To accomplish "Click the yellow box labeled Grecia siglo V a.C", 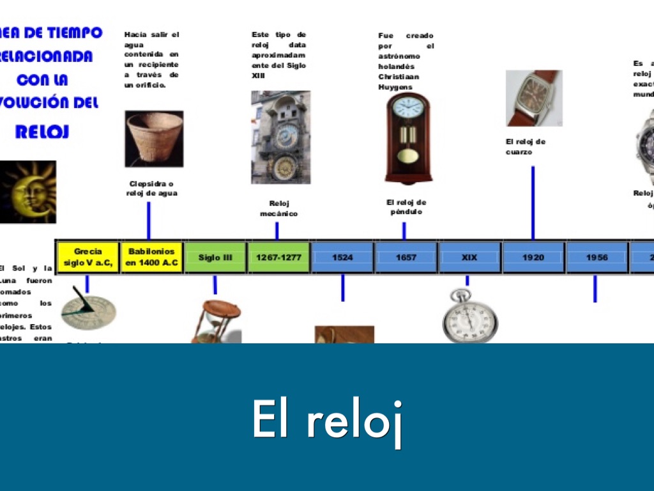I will click(88, 257).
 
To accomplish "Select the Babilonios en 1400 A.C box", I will click(152, 257).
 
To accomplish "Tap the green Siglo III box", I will click(215, 257).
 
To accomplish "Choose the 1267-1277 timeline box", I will click(279, 257).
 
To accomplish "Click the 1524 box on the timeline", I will click(342, 257).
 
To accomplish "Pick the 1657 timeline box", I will click(406, 257).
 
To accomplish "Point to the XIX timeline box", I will click(469, 257).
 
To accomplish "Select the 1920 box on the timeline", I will click(533, 257).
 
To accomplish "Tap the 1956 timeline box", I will click(597, 257).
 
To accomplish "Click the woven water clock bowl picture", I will click(154, 139).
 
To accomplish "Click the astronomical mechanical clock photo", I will click(280, 137).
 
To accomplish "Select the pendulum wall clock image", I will click(408, 137).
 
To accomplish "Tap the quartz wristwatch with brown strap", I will click(534, 98).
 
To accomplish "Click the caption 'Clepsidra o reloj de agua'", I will click(152, 188).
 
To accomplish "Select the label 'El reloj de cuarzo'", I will click(526, 146).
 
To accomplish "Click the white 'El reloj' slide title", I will click(327, 420).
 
